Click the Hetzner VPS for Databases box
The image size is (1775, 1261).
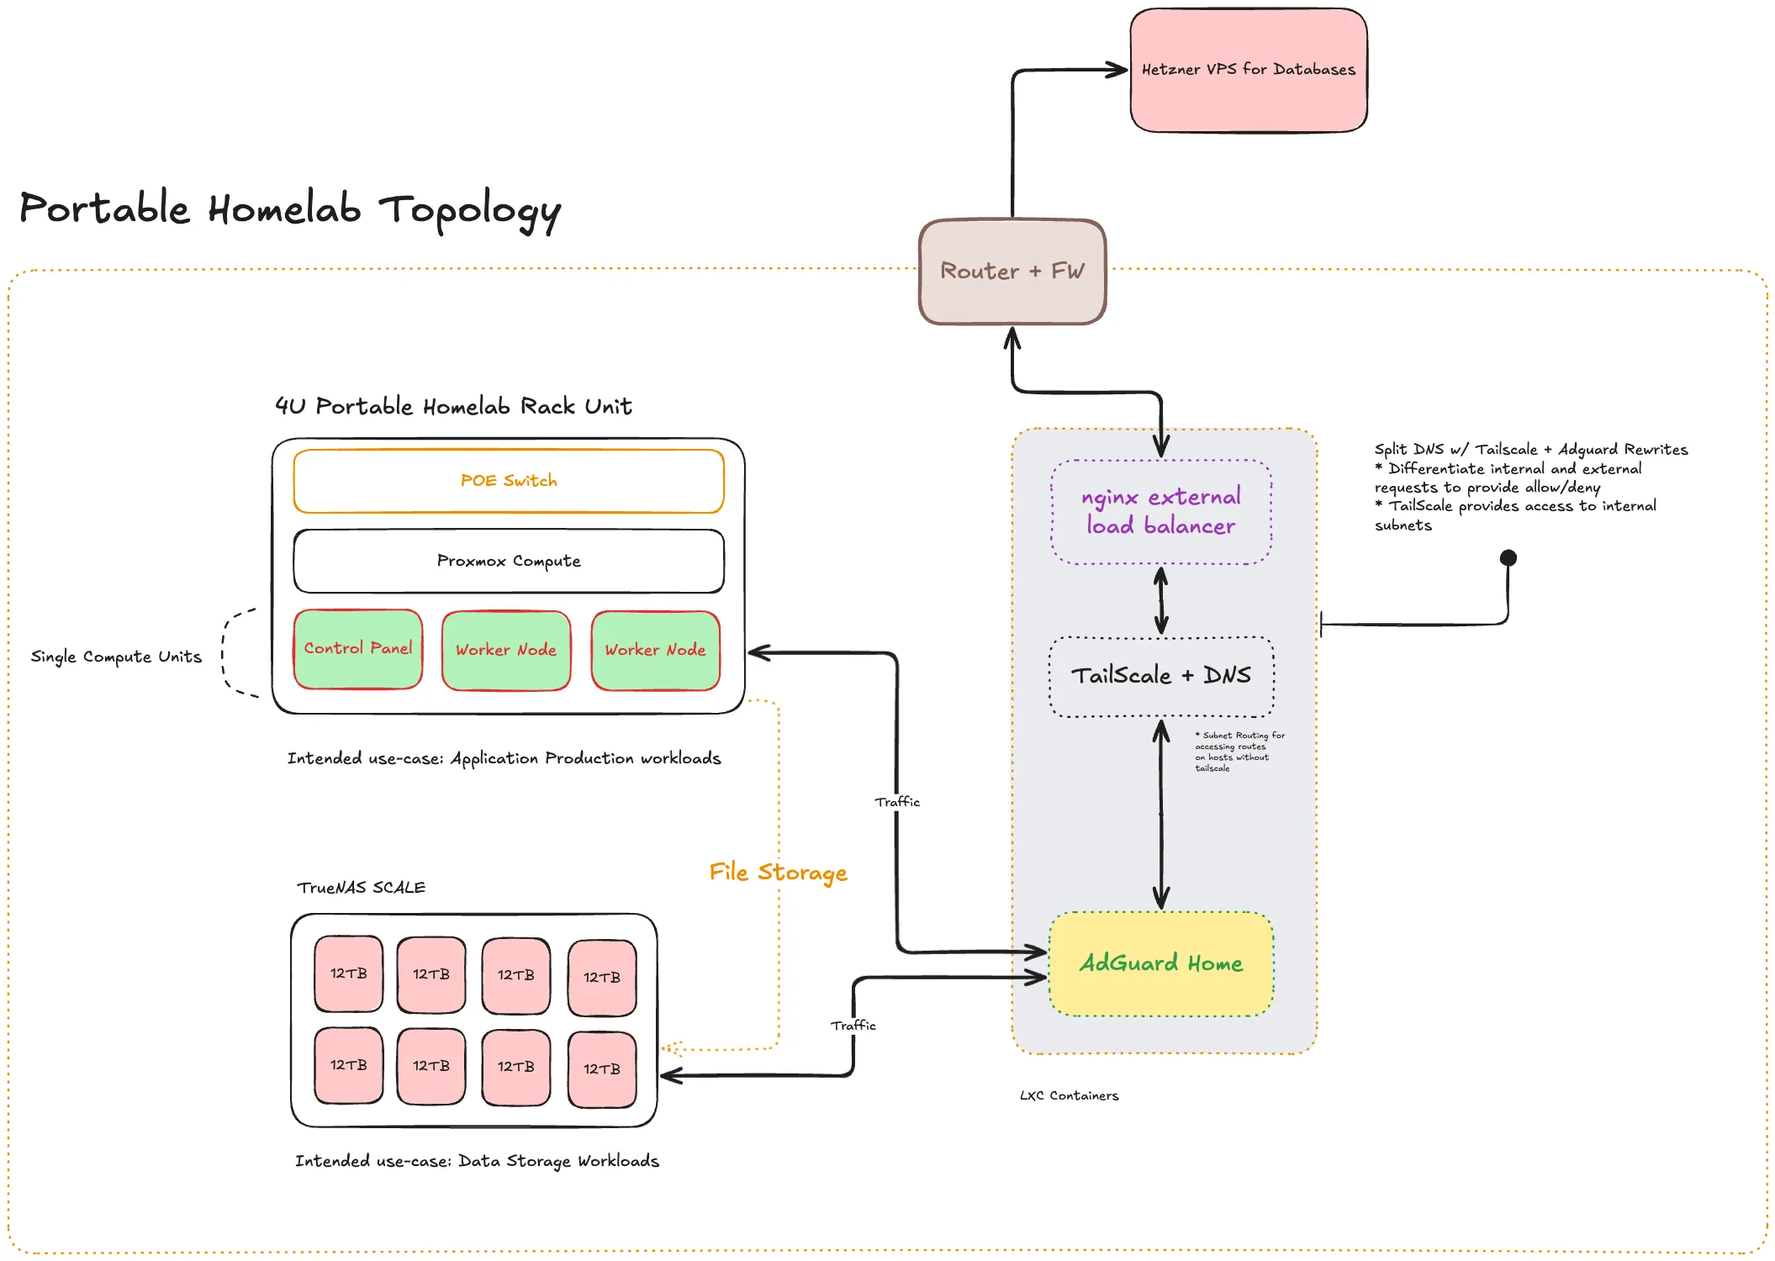pyautogui.click(x=1248, y=71)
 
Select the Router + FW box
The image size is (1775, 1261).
pyautogui.click(x=1012, y=272)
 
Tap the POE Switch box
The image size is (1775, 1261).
pyautogui.click(x=509, y=481)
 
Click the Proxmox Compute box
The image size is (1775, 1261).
pyautogui.click(x=509, y=561)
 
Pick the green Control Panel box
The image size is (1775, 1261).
pyautogui.click(x=358, y=649)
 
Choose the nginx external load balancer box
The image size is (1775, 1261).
pyautogui.click(x=1160, y=511)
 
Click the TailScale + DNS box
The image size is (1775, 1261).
pyautogui.click(x=1160, y=676)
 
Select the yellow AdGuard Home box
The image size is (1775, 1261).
pyautogui.click(x=1160, y=963)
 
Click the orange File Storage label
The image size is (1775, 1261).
pyautogui.click(x=778, y=873)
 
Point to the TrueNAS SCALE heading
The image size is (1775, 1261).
pyautogui.click(x=362, y=888)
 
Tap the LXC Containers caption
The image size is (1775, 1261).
pyautogui.click(x=1069, y=1096)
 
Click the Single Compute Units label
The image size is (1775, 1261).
pyautogui.click(x=116, y=657)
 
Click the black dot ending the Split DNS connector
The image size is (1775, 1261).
pyautogui.click(x=1508, y=557)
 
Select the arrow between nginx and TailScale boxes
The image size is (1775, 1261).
pyautogui.click(x=1161, y=600)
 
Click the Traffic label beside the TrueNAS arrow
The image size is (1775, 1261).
pyautogui.click(x=853, y=1026)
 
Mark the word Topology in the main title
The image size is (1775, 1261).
pyautogui.click(x=469, y=210)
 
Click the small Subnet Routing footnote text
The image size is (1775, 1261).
pyautogui.click(x=1238, y=752)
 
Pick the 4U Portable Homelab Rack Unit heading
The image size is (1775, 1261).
pyautogui.click(x=453, y=407)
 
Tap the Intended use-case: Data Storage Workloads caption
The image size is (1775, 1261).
pyautogui.click(x=477, y=1161)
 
